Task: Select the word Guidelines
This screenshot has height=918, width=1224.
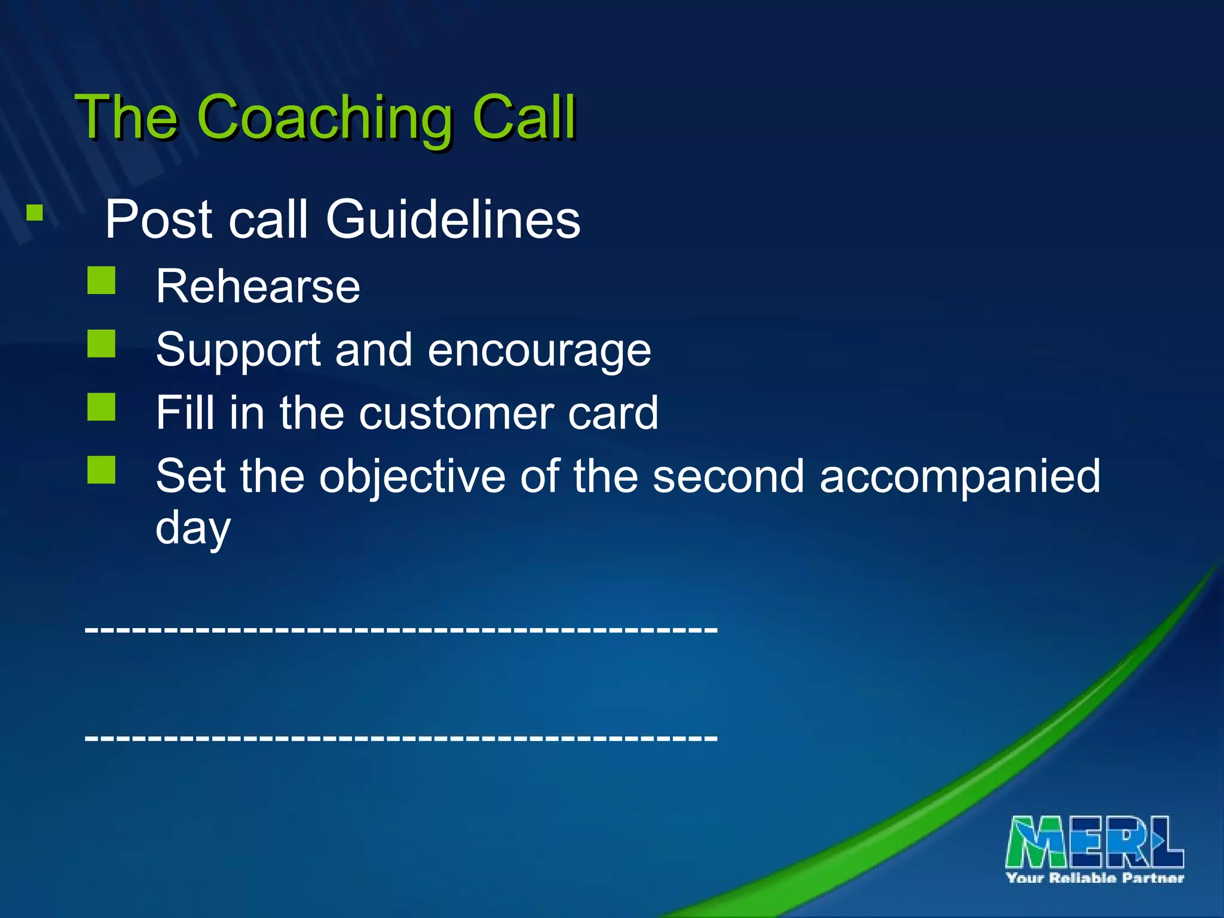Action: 452,219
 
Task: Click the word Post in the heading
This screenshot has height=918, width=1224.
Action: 158,219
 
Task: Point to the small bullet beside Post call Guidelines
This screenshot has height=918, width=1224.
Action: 35,213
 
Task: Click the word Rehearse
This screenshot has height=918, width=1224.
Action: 258,287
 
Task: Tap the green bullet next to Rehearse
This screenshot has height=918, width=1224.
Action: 101,280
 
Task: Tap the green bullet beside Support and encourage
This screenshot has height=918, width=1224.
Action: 101,344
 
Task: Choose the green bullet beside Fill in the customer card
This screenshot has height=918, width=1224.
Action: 101,407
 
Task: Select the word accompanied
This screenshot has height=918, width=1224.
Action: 959,476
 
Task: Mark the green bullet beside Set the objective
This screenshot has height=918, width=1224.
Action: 101,470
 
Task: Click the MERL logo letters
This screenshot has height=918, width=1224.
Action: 1094,841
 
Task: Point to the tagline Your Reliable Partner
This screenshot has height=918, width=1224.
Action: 1094,878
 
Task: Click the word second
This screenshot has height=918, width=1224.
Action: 728,476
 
